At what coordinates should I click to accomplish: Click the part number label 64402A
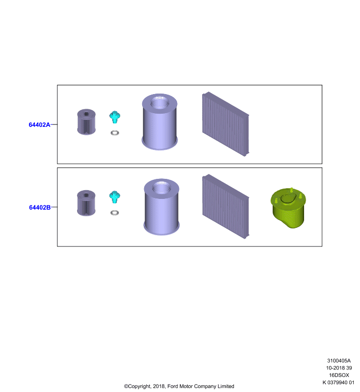pyautogui.click(x=40, y=124)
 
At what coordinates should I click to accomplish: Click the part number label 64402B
pyautogui.click(x=40, y=207)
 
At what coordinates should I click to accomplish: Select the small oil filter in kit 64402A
pyautogui.click(x=86, y=122)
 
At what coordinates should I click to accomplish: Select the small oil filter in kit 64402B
pyautogui.click(x=86, y=203)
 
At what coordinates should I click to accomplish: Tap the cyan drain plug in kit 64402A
pyautogui.click(x=115, y=117)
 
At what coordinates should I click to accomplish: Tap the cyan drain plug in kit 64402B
pyautogui.click(x=115, y=197)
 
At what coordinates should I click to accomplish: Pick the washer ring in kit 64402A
pyautogui.click(x=115, y=133)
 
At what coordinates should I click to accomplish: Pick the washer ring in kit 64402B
pyautogui.click(x=115, y=213)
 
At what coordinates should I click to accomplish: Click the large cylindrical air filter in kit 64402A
pyautogui.click(x=159, y=122)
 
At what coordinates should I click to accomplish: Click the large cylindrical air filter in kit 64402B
pyautogui.click(x=162, y=207)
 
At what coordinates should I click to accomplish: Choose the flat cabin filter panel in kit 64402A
pyautogui.click(x=226, y=124)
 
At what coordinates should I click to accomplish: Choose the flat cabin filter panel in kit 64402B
pyautogui.click(x=226, y=206)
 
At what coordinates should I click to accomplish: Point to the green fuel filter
pyautogui.click(x=288, y=208)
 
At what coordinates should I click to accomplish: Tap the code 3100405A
pyautogui.click(x=339, y=361)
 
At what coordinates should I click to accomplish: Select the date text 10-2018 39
pyautogui.click(x=339, y=368)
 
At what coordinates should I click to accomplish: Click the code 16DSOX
pyautogui.click(x=339, y=375)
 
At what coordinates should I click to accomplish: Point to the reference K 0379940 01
pyautogui.click(x=338, y=382)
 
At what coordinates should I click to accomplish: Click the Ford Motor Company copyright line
pyautogui.click(x=179, y=386)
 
